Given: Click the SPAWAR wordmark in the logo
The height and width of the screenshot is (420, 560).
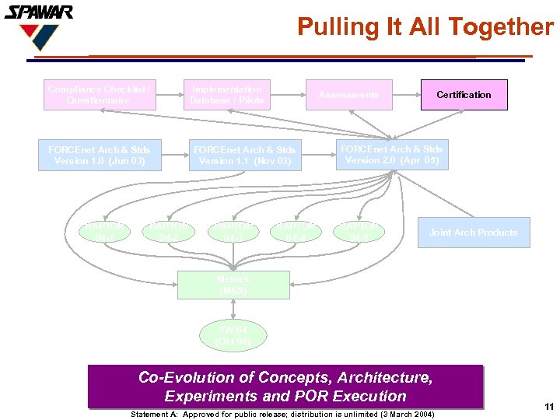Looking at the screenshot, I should (39, 12).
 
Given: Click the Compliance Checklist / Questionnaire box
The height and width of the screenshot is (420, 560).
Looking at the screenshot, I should (99, 95).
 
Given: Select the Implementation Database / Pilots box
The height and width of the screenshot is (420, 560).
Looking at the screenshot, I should (227, 95).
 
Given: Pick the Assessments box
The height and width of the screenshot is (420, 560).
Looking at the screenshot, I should (348, 95).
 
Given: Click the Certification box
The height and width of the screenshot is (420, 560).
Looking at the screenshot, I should (464, 95).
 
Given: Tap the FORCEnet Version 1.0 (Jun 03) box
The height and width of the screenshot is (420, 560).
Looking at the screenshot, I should (99, 156).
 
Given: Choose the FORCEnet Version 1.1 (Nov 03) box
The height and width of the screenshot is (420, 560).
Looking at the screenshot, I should (244, 156).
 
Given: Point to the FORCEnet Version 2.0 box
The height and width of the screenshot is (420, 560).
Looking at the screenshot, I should (391, 155).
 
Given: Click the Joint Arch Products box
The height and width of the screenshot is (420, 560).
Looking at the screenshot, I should (473, 233).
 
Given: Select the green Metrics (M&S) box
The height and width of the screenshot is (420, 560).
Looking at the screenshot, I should (233, 285).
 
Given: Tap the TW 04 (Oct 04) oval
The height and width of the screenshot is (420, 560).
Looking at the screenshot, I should (233, 336).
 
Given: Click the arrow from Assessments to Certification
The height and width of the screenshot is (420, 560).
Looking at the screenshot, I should (406, 95).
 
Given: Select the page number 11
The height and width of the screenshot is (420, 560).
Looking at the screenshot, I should (548, 407).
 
